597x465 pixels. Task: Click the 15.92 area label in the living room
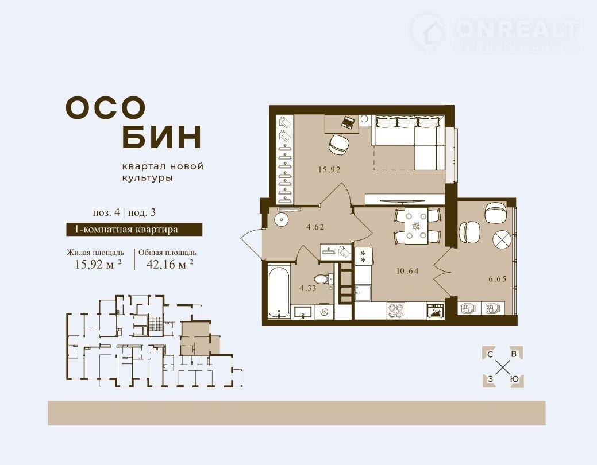pos(329,170)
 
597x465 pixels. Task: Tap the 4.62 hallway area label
pos(315,227)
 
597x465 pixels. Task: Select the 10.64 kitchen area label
pos(407,271)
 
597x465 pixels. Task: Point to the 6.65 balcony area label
pos(498,279)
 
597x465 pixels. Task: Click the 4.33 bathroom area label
pos(307,288)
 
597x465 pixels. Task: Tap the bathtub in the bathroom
pos(279,292)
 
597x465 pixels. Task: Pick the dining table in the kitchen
pos(416,226)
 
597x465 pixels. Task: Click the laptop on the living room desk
pos(348,122)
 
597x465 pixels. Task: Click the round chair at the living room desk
pos(338,145)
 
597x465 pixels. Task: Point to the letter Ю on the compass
pos(515,379)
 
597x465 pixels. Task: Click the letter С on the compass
pos(490,355)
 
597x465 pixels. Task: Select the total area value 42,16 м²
pos(170,263)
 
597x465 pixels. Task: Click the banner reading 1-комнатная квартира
pos(134,230)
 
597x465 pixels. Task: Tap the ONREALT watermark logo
pos(495,33)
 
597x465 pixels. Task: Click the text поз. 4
pos(106,212)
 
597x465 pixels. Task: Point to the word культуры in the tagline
pos(147,178)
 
